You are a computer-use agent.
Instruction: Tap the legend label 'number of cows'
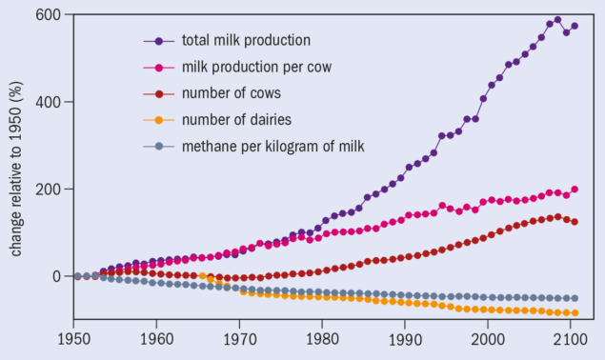pyautogui.click(x=231, y=93)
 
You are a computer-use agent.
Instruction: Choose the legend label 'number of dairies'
pyautogui.click(x=236, y=119)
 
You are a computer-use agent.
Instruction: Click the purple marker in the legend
pyautogui.click(x=158, y=41)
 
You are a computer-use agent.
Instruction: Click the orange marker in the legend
pyautogui.click(x=158, y=119)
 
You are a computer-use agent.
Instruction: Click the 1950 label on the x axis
pyautogui.click(x=73, y=337)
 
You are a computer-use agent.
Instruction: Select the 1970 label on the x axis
pyautogui.click(x=239, y=337)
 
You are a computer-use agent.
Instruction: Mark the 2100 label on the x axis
pyautogui.click(x=570, y=337)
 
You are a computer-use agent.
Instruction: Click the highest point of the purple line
pyautogui.click(x=558, y=20)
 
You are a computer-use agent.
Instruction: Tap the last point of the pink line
pyautogui.click(x=575, y=190)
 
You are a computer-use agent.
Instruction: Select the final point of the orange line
pyautogui.click(x=575, y=313)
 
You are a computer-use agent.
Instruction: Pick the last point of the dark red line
pyautogui.click(x=575, y=222)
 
